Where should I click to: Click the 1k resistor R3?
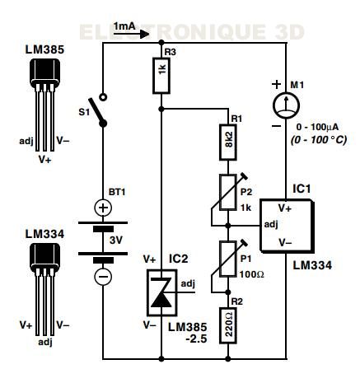[161, 76]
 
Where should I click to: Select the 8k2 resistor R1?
[228, 142]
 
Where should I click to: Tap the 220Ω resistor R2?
[228, 325]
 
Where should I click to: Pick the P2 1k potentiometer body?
[228, 192]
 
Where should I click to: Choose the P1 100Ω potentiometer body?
[228, 259]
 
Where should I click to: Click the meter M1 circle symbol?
[286, 105]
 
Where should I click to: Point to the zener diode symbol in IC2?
[161, 292]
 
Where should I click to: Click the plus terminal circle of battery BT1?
[103, 208]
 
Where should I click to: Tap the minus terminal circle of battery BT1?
[103, 276]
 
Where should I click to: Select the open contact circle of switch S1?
[103, 97]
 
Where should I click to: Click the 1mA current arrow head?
[144, 35]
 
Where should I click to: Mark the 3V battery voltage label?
[115, 241]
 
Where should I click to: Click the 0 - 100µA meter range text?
[317, 128]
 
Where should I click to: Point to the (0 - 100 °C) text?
[319, 140]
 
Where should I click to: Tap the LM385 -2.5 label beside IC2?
[188, 333]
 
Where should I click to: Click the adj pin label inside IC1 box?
[271, 225]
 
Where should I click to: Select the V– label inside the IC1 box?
[285, 242]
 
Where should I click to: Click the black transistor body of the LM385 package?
[44, 72]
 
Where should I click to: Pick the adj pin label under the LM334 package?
[45, 343]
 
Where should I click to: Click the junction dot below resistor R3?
[161, 110]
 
